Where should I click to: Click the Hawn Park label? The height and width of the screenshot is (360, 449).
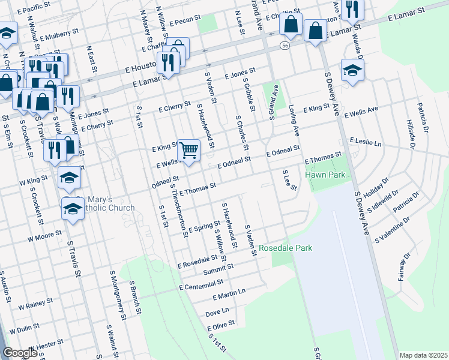click(x=325, y=175)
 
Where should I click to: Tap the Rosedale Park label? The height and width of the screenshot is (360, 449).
click(x=286, y=247)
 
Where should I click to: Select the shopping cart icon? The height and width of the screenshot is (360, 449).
click(x=188, y=151)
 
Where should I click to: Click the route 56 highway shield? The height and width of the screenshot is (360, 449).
click(x=285, y=45)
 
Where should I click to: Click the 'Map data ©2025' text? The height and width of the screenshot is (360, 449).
click(x=423, y=355)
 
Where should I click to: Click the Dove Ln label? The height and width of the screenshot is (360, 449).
click(x=217, y=312)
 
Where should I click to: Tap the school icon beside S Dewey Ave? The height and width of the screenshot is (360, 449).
click(x=352, y=70)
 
